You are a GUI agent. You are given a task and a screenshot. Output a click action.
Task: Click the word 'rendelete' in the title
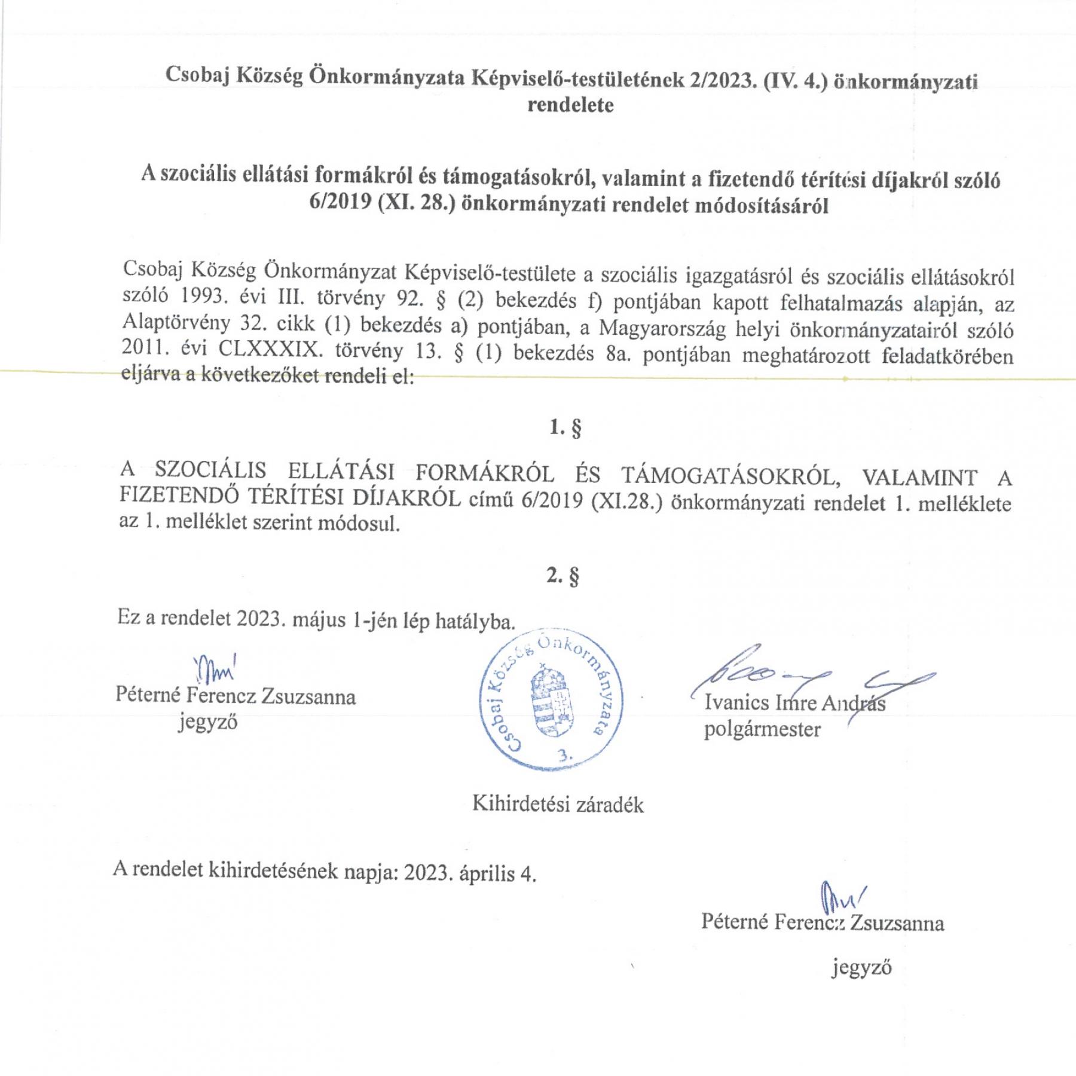[570, 105]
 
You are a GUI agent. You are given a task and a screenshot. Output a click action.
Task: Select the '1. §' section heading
[565, 428]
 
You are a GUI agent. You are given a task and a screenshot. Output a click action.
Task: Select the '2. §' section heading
[563, 576]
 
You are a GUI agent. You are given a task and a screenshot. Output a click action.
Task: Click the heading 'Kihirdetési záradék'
[558, 804]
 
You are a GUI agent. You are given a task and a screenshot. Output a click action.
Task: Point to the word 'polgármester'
[762, 729]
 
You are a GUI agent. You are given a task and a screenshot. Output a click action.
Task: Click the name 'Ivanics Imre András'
[794, 702]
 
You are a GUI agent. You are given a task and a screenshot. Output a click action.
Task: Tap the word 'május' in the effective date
[319, 620]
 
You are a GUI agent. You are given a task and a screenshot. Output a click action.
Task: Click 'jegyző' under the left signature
[207, 722]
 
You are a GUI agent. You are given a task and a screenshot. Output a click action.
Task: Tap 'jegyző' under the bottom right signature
[861, 967]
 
